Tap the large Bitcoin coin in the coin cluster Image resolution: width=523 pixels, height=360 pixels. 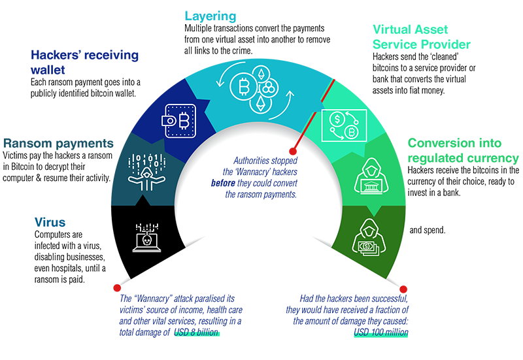[246, 87]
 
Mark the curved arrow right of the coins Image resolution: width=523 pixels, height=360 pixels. [288, 101]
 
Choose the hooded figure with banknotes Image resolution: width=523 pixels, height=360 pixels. [366, 236]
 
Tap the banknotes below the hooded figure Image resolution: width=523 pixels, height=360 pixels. [366, 248]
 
